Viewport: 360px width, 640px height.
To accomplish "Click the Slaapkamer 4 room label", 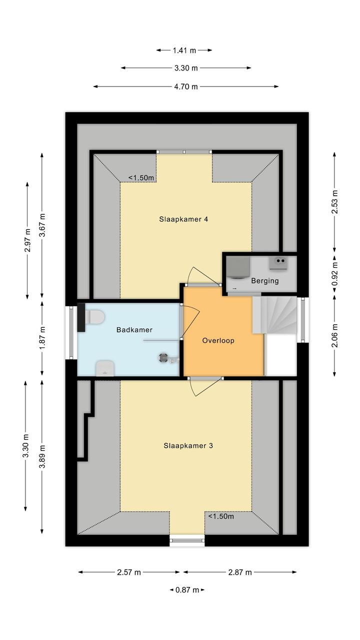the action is click(x=183, y=219).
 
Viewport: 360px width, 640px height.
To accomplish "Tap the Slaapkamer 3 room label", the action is click(x=188, y=445).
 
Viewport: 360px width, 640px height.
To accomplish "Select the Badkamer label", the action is click(x=134, y=330).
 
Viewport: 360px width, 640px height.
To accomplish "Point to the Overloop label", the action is click(x=218, y=340).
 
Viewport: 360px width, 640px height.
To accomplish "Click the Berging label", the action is click(x=264, y=281).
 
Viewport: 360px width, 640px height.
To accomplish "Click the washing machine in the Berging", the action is click(x=238, y=267).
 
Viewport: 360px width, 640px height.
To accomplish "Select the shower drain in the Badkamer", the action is click(x=163, y=358).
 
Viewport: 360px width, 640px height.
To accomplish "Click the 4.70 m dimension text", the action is click(x=186, y=87).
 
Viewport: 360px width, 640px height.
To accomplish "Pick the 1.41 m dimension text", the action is click(x=184, y=50).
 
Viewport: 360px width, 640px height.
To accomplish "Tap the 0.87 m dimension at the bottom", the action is click(x=187, y=590).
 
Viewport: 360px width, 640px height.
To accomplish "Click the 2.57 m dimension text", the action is click(x=129, y=572).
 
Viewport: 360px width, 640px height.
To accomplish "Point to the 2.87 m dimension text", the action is click(x=240, y=572).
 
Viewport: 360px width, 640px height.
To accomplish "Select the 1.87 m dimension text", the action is click(x=42, y=338).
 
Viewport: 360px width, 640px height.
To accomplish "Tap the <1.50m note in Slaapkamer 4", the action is click(x=141, y=178).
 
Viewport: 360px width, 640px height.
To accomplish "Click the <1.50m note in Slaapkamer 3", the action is click(x=221, y=516).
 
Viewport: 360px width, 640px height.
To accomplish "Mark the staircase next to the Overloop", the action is click(x=274, y=315).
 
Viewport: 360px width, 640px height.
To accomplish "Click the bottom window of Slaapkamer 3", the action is click(x=187, y=540).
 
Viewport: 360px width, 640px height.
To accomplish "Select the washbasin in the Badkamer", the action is click(x=105, y=369).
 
